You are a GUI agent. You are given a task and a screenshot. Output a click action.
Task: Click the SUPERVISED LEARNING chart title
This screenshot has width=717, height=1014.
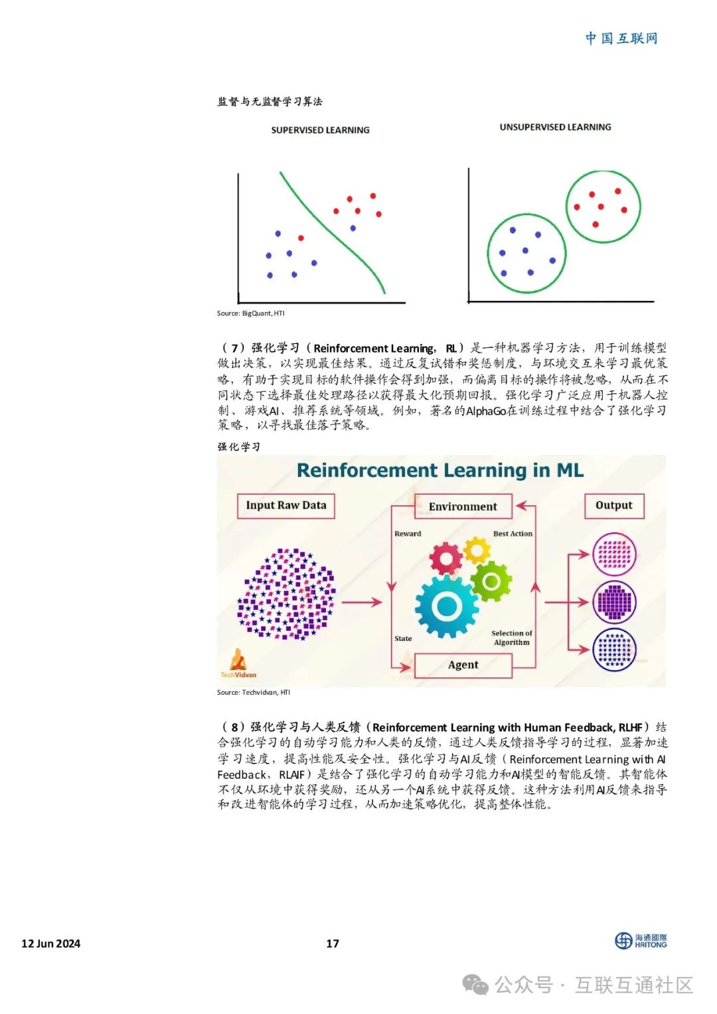320,130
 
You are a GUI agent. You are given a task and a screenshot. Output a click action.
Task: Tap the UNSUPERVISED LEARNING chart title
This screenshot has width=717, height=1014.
555,127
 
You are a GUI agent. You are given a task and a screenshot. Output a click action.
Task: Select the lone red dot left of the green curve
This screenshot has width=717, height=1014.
301,238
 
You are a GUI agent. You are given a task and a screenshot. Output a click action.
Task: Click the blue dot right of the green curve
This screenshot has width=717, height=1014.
353,228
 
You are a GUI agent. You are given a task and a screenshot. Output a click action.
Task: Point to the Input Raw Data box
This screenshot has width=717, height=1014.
286,505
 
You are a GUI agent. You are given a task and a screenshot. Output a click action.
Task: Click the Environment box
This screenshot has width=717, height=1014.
463,507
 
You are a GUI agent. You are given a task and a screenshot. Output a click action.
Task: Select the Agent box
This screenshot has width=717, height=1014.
463,665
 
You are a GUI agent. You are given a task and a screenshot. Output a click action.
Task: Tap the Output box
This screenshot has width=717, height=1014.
614,505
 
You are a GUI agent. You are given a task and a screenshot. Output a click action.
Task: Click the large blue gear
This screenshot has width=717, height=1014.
447,605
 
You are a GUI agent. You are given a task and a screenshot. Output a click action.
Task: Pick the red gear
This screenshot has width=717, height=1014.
445,558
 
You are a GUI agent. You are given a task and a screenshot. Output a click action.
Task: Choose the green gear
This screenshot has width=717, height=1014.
491,581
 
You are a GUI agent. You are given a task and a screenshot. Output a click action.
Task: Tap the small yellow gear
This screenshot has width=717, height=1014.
477,550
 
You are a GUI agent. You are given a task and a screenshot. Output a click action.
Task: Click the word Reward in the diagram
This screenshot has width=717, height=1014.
408,533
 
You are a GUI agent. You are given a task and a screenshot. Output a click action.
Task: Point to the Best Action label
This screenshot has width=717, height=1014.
513,533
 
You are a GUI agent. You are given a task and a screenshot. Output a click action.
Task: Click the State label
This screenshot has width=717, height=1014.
403,638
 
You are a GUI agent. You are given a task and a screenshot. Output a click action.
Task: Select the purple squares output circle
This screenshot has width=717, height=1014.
614,602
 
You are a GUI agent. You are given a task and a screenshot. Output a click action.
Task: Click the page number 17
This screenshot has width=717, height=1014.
333,943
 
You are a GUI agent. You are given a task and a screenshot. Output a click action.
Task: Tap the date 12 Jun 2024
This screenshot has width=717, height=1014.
51,943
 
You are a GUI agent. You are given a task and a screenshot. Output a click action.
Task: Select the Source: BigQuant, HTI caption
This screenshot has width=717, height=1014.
250,313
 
